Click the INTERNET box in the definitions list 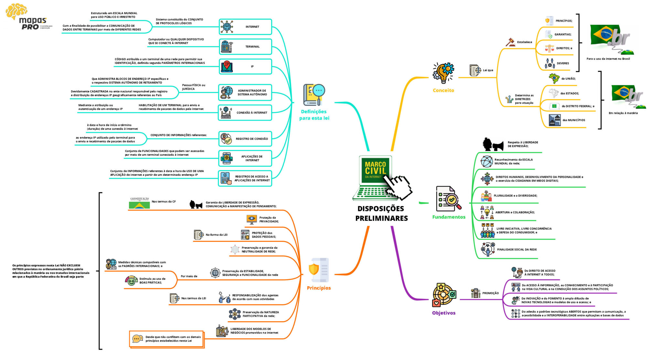(x=245, y=27)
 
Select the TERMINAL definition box (x=245, y=47)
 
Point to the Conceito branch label (x=443, y=90)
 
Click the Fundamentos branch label (x=449, y=217)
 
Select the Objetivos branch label (x=443, y=313)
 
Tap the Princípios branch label (x=319, y=288)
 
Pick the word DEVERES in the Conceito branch (x=563, y=63)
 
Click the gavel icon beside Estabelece (x=510, y=42)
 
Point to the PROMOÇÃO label (x=490, y=293)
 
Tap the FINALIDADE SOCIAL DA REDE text (x=517, y=249)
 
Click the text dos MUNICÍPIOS (x=574, y=120)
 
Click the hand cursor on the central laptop (x=398, y=187)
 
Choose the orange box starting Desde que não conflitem (x=167, y=339)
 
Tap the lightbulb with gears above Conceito (x=443, y=73)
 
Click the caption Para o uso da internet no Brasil (x=608, y=59)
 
